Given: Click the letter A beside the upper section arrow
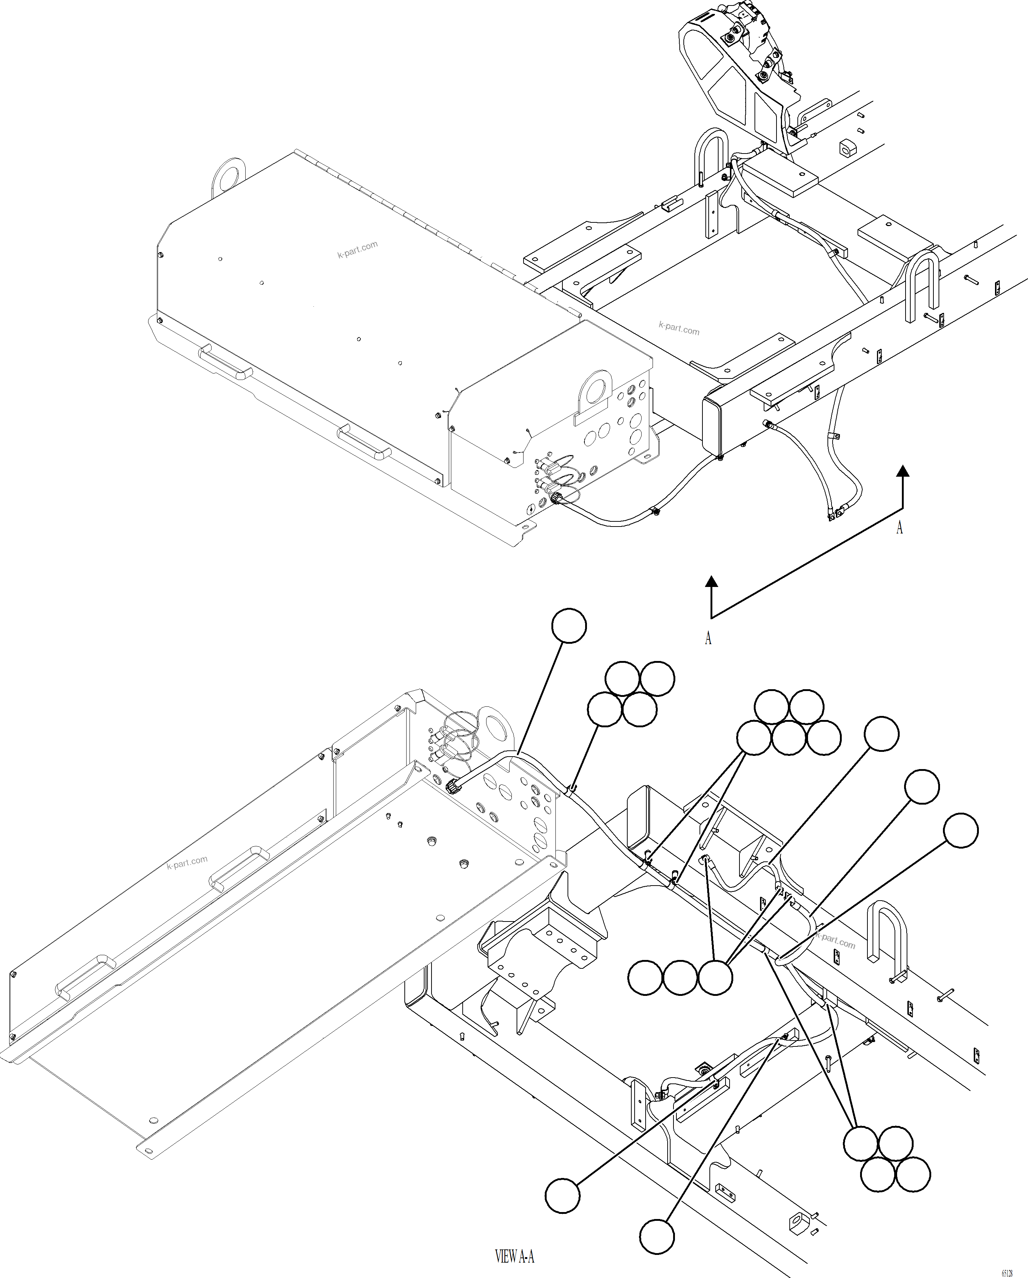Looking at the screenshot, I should pos(899,528).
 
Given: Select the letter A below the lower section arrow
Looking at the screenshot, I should pos(708,638).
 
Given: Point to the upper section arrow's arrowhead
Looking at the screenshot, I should pos(903,471).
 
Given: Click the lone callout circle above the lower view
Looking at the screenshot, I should pos(569,625).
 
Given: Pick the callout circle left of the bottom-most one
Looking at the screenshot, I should pos(562,1195).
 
